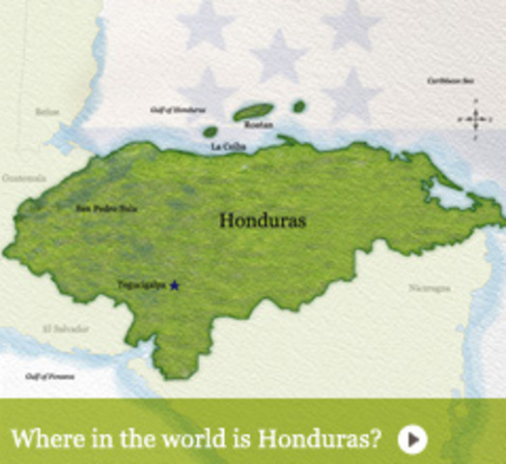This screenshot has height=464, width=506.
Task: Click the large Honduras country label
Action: point(262,220)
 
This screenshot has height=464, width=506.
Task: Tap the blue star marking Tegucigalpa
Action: point(175,285)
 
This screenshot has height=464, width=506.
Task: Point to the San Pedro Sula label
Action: point(101,207)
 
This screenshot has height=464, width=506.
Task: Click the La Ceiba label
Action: point(228,146)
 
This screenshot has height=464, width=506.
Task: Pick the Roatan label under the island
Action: point(259,125)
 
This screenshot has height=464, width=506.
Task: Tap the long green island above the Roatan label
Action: point(253,111)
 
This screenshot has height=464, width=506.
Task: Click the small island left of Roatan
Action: point(210,131)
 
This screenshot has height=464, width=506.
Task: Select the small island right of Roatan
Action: point(299,105)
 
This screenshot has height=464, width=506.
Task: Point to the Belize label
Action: point(47,112)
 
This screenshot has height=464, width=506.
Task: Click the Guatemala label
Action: point(24,178)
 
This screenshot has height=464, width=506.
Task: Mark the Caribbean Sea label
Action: point(450,80)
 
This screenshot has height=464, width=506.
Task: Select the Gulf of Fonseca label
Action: point(49,375)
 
